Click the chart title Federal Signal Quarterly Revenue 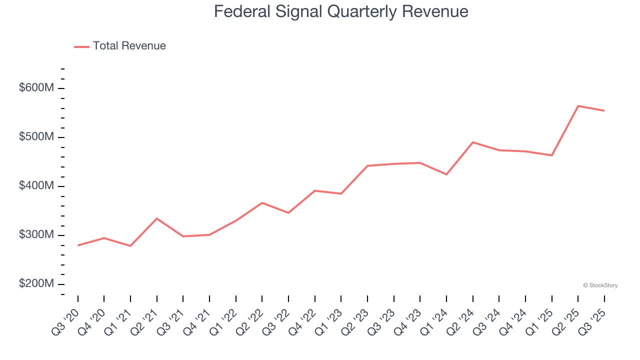341,11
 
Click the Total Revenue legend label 129,46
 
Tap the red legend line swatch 81,46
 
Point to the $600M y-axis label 36,88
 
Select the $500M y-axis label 36,137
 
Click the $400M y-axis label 36,186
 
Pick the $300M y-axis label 36,235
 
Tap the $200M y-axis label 36,284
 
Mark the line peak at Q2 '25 578,106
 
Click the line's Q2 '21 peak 157,218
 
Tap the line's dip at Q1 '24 446,174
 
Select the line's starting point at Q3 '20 78,245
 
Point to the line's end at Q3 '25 604,110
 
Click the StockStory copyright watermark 600,285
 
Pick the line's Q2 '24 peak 473,142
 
